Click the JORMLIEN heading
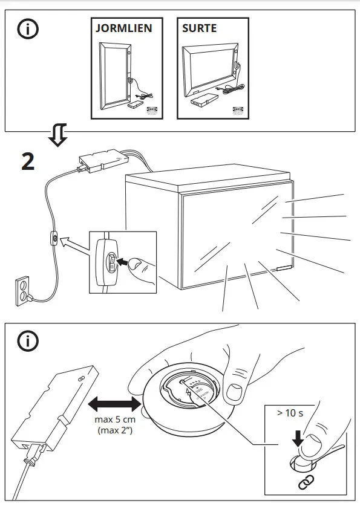pos(123,28)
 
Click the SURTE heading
pos(200,28)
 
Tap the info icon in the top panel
pos(26,30)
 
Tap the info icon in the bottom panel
pos(26,342)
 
